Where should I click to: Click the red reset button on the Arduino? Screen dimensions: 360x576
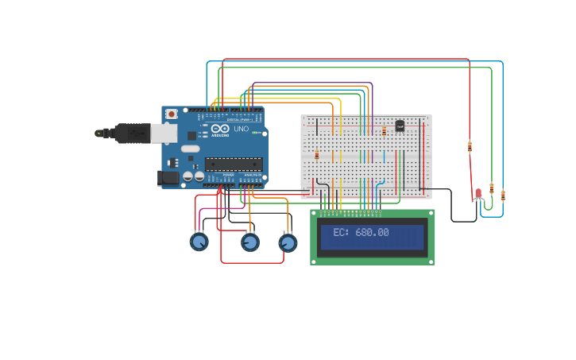[171, 114]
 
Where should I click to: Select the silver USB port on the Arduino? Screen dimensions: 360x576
[164, 133]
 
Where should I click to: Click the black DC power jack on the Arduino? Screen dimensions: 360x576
[168, 178]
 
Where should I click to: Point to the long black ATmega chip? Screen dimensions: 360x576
[233, 164]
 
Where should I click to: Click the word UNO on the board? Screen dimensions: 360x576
[241, 129]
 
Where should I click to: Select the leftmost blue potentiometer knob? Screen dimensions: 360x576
[199, 242]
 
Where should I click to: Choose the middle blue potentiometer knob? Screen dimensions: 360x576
[249, 242]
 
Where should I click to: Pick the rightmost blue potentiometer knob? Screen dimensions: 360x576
[288, 242]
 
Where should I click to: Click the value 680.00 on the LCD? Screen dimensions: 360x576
[372, 233]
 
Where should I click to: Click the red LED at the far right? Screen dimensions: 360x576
[478, 193]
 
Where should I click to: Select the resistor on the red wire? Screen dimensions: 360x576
[470, 146]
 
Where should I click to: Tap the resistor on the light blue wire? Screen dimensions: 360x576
[503, 195]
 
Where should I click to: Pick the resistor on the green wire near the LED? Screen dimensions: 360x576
[492, 188]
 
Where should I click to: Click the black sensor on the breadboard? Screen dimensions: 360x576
[400, 125]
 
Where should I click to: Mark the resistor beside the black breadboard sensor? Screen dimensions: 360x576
[385, 130]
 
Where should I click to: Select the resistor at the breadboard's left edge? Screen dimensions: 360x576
[317, 154]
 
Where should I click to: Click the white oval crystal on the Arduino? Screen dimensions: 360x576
[191, 149]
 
